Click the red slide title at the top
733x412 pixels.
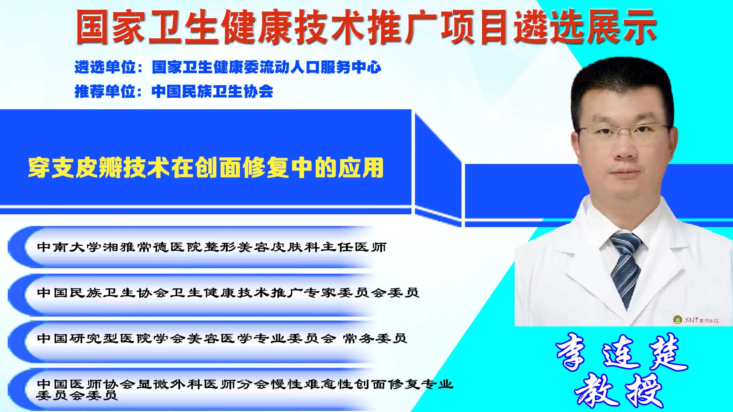click(366, 26)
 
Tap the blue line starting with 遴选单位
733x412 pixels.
click(228, 67)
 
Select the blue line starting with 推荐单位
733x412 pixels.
click(174, 91)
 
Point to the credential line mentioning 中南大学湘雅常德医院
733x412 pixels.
click(212, 247)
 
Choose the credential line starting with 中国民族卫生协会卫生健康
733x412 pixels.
click(228, 293)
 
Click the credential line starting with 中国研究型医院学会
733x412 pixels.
click(222, 338)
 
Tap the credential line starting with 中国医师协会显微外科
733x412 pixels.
click(245, 390)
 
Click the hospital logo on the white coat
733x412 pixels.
click(696, 320)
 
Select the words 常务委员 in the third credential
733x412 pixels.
click(375, 338)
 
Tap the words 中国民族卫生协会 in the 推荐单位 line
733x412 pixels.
click(213, 91)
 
